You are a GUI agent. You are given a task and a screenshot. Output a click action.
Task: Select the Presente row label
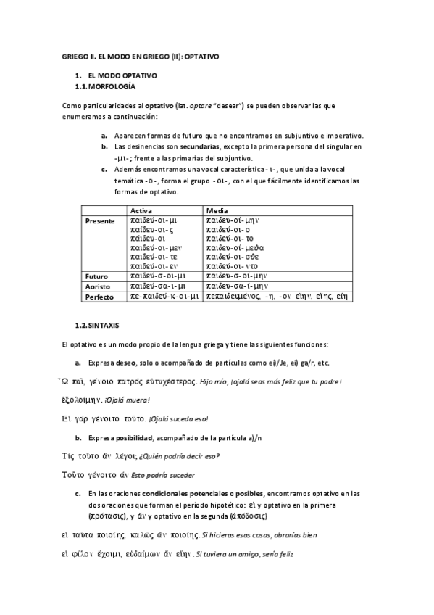click(x=100, y=220)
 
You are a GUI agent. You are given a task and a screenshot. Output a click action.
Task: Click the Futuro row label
click(x=96, y=276)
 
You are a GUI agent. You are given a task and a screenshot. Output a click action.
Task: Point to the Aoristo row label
click(x=99, y=286)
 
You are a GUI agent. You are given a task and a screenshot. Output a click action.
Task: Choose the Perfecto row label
click(x=100, y=297)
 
